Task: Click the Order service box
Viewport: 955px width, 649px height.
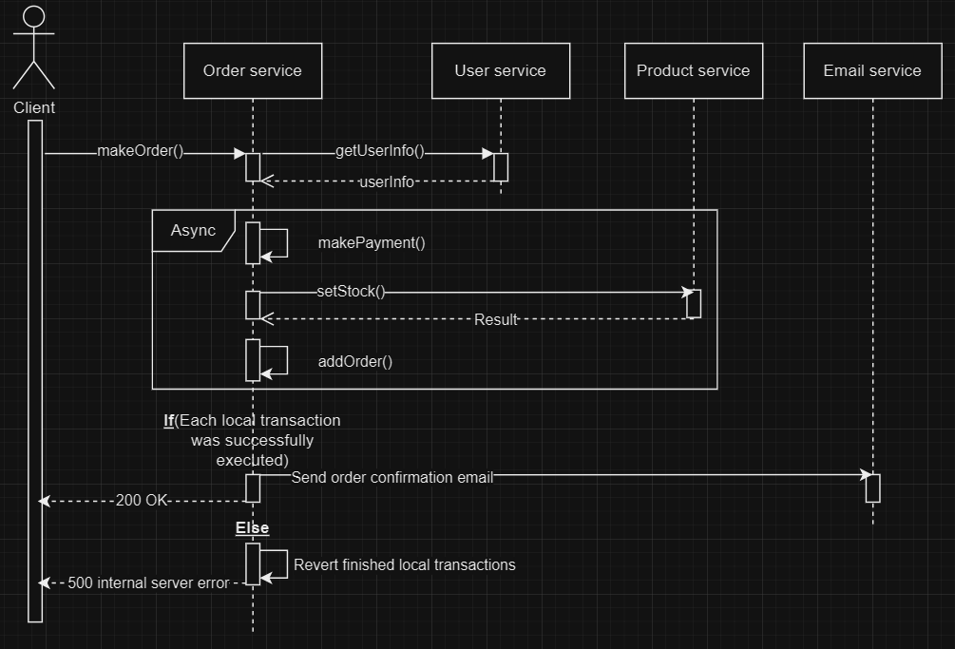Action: click(253, 70)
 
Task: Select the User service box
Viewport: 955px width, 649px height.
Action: click(500, 70)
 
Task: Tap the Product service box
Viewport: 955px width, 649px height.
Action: click(693, 70)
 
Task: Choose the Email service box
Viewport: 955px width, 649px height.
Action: click(871, 70)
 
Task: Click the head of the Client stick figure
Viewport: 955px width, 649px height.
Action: click(33, 16)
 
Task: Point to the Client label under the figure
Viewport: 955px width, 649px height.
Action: click(34, 107)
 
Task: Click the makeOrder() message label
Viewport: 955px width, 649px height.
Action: click(140, 152)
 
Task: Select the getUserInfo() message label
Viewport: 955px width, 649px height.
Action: click(379, 152)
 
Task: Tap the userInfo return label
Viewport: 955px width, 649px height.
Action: click(387, 181)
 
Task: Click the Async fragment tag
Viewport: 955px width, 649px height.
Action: click(193, 231)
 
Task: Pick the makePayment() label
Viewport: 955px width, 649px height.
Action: click(372, 243)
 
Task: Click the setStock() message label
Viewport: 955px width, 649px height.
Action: click(351, 292)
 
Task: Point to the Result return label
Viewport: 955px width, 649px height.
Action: click(496, 320)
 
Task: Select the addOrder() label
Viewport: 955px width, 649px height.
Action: click(355, 362)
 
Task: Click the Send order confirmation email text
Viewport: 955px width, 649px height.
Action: click(392, 477)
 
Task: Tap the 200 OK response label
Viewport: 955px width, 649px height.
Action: click(142, 501)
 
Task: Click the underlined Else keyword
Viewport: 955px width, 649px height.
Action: click(252, 528)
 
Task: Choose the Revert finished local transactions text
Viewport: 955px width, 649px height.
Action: click(404, 564)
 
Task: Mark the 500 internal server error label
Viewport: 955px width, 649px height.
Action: click(148, 582)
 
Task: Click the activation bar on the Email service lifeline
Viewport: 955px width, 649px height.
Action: click(872, 487)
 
